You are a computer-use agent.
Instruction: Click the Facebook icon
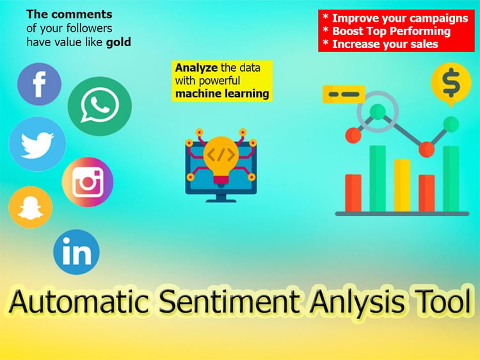(39, 84)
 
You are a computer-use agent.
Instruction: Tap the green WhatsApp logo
(100, 106)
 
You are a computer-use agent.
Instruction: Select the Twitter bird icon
(37, 144)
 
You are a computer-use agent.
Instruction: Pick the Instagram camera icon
(88, 182)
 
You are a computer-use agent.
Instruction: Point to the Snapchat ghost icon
(31, 208)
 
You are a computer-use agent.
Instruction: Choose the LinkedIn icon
(77, 252)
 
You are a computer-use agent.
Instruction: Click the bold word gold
(118, 42)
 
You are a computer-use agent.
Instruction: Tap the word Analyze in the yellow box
(196, 67)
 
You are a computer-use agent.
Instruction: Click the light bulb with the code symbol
(221, 160)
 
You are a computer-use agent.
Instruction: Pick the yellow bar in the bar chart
(403, 185)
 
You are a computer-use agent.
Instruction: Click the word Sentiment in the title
(229, 302)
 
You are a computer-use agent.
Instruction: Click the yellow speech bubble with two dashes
(344, 94)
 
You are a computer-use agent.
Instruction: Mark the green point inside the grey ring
(378, 111)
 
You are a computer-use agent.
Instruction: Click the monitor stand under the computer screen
(221, 199)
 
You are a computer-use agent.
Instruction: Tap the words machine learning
(222, 94)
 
